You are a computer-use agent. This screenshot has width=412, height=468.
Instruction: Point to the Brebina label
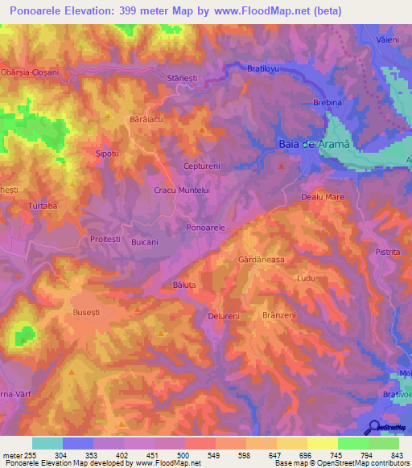328,103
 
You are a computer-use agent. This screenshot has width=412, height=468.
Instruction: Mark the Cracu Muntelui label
182,190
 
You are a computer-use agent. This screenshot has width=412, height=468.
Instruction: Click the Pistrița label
387,252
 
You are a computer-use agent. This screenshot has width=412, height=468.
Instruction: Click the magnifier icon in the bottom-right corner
373,428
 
